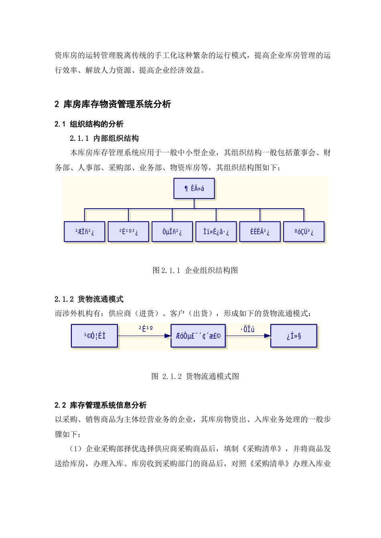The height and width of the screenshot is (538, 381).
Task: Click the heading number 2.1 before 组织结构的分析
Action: coord(60,124)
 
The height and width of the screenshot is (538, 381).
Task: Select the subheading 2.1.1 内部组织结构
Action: coord(104,139)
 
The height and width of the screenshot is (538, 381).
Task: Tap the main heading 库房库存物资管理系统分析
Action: coord(117,104)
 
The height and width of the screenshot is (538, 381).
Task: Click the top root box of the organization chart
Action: coord(194,189)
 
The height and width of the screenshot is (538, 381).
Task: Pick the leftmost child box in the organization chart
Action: coord(85,232)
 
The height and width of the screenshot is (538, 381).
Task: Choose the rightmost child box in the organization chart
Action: coord(304,232)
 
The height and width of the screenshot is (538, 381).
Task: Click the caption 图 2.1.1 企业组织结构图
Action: coord(195,271)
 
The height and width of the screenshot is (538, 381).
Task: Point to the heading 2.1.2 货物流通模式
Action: coord(89,299)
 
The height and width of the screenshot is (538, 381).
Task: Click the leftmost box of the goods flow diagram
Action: coord(95,336)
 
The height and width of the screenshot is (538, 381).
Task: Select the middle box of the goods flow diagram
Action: coord(198,336)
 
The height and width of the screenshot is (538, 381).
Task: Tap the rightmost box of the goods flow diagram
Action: coord(294,336)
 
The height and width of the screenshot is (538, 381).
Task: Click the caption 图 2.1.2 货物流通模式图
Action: coord(195,377)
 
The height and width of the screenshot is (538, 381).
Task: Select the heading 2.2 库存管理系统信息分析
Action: coord(101,405)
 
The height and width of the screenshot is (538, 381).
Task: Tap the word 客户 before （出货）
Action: coord(177,313)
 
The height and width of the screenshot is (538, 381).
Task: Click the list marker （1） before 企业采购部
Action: coord(77,449)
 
